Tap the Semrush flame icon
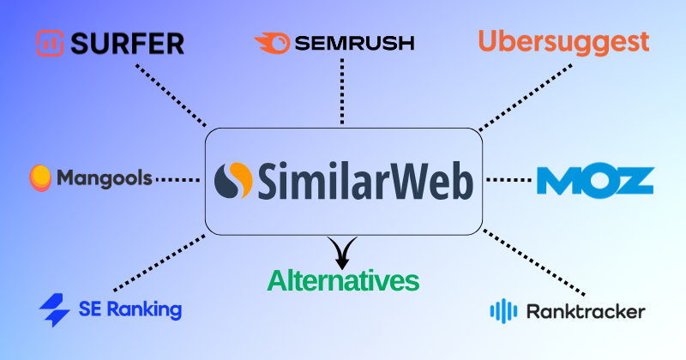click(x=272, y=41)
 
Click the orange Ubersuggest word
click(x=563, y=40)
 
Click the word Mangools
click(x=105, y=178)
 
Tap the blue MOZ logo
click(x=595, y=180)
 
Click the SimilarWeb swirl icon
click(x=234, y=182)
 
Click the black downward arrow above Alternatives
click(x=343, y=251)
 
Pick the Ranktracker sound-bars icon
click(x=503, y=310)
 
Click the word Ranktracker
click(x=587, y=311)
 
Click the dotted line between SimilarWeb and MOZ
click(x=509, y=180)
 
